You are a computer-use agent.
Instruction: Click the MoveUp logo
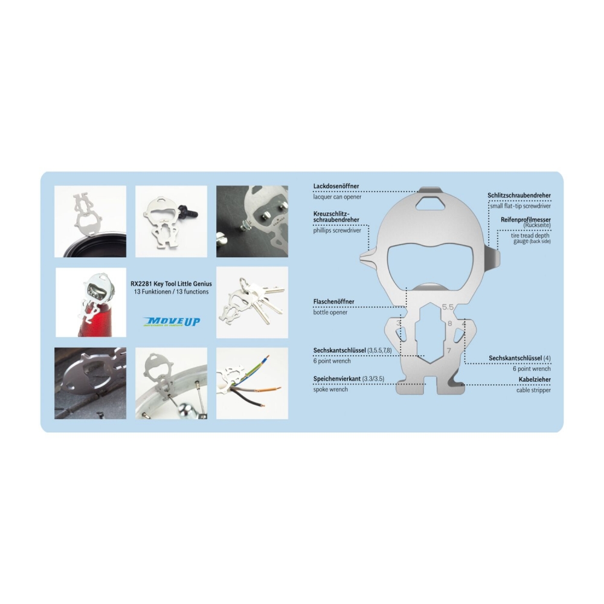click(x=172, y=322)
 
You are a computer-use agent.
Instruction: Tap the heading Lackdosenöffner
click(x=336, y=186)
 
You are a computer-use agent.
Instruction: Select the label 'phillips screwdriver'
click(x=337, y=230)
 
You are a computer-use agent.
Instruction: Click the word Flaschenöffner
click(x=333, y=301)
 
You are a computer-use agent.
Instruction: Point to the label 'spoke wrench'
click(x=330, y=390)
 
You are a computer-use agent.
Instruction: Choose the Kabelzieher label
click(x=535, y=379)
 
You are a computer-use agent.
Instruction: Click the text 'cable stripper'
click(x=533, y=390)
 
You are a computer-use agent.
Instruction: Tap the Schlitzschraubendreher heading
click(x=519, y=195)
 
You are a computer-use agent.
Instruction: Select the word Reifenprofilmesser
click(x=526, y=220)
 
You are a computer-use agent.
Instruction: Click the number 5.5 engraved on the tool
click(x=448, y=307)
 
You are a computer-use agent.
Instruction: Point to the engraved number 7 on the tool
click(x=449, y=350)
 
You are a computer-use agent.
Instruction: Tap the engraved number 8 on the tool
click(x=449, y=324)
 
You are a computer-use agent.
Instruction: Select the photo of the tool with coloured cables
click(x=252, y=384)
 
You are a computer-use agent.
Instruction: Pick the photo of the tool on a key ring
click(x=252, y=303)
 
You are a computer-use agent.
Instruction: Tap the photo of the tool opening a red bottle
click(x=91, y=303)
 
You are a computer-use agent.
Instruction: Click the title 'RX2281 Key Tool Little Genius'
click(x=172, y=284)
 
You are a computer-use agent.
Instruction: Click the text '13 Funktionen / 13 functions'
click(x=172, y=292)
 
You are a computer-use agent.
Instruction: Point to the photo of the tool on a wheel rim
click(x=172, y=384)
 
